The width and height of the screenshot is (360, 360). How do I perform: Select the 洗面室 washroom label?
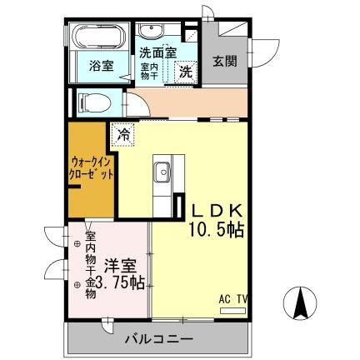pos(157,52)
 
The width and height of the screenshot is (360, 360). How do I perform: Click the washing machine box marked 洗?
pos(185,72)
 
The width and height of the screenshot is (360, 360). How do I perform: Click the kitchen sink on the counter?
pos(162,173)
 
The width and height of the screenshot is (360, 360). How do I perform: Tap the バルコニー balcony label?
pos(159,340)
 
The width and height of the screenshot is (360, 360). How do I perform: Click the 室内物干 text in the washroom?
pos(149,71)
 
